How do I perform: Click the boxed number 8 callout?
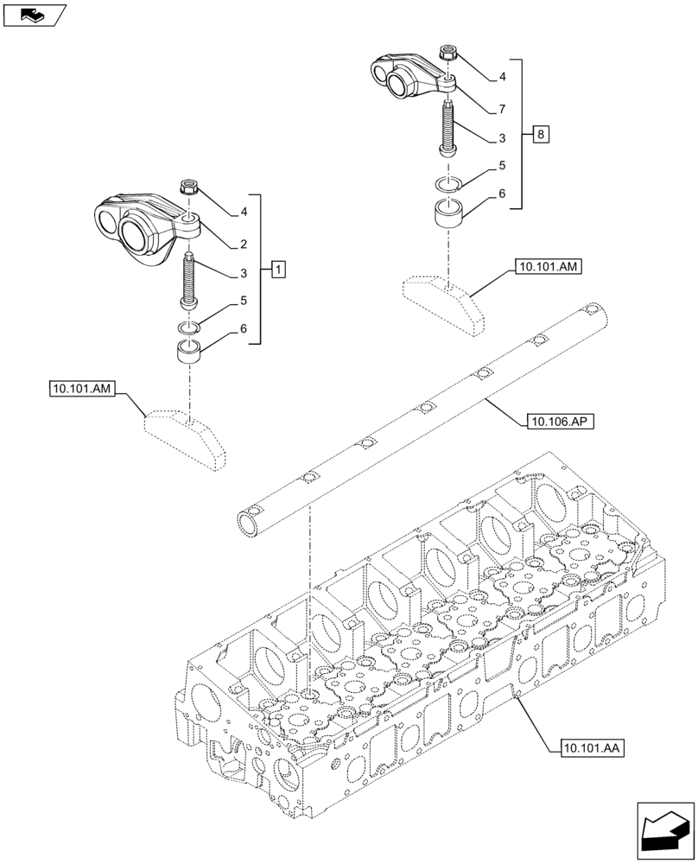pos(540,134)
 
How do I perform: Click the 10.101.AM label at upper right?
pos(548,269)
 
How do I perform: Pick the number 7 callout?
pos(501,109)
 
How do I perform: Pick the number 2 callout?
pos(244,244)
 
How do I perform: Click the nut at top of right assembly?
pos(448,53)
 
